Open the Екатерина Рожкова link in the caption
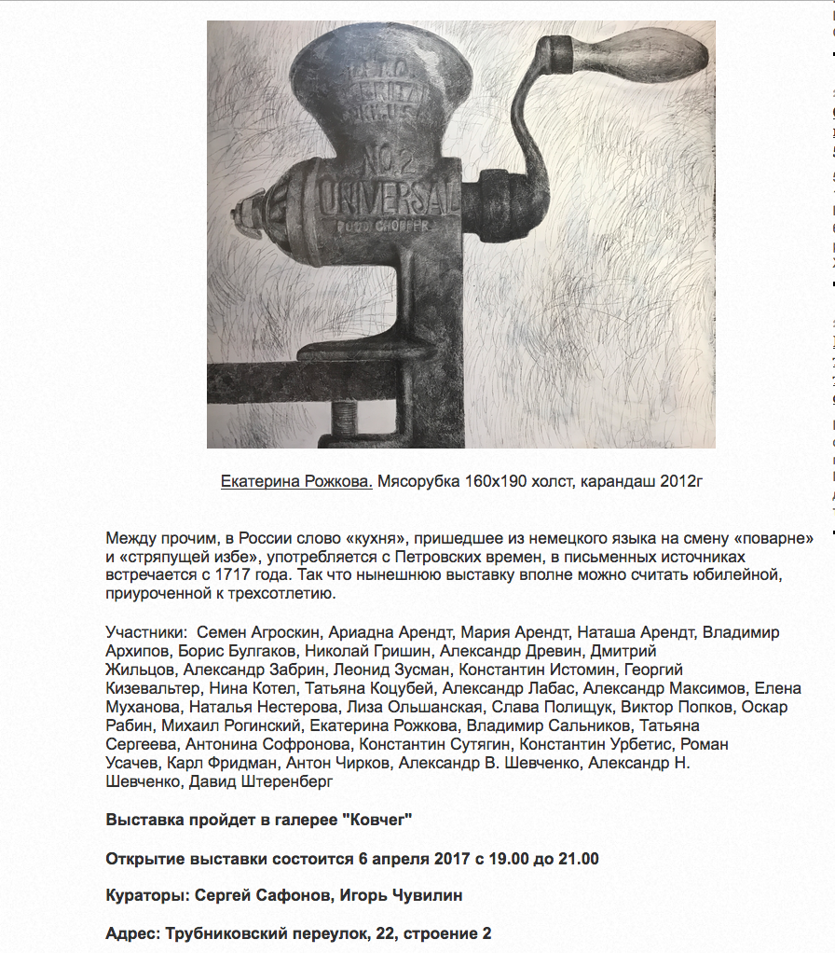point(296,481)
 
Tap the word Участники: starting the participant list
point(147,632)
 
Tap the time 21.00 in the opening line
point(579,858)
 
